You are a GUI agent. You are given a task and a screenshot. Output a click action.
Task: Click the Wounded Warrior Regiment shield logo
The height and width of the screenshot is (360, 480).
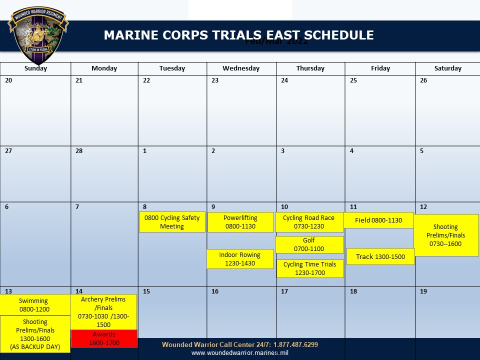[x=38, y=36]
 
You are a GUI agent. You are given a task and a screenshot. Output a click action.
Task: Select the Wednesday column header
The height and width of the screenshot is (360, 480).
[x=241, y=68]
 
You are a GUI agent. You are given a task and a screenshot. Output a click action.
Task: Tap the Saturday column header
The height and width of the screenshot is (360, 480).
[x=447, y=68]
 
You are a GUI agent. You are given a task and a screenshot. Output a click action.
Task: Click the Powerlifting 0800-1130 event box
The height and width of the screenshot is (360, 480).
[x=240, y=222]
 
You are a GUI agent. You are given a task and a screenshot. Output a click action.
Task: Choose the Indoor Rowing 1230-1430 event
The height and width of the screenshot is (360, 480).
[x=240, y=259]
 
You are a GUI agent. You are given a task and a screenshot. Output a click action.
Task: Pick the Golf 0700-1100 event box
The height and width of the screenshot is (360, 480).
[x=309, y=244]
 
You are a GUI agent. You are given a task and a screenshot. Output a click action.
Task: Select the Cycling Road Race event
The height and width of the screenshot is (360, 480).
[x=309, y=222]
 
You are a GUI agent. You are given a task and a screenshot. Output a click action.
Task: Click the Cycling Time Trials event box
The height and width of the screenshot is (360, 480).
[x=310, y=268]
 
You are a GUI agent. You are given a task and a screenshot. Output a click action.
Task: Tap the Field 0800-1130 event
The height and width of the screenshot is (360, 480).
[x=378, y=220]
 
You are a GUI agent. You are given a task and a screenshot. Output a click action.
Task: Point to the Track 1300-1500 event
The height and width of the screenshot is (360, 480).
[x=380, y=256]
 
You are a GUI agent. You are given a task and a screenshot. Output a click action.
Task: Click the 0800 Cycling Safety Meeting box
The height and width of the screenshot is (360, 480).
[x=172, y=222]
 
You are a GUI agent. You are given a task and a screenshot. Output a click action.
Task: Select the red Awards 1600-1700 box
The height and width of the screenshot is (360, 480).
[x=104, y=338]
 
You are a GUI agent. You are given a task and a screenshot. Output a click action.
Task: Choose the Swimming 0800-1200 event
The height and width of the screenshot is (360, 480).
[x=34, y=305]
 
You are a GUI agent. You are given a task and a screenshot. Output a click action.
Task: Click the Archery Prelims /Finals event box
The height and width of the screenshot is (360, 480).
[x=103, y=311]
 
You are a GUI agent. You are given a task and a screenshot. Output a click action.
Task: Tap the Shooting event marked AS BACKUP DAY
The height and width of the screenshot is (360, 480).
[x=35, y=334]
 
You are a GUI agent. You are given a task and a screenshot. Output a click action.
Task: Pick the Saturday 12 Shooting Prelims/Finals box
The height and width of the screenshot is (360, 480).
[x=446, y=235]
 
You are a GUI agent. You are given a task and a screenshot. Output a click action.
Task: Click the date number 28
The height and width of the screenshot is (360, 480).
[x=79, y=151]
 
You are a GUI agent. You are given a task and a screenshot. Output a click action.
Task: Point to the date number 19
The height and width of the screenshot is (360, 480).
[x=423, y=291]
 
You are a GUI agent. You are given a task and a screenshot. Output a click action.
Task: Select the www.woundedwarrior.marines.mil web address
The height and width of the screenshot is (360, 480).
[x=240, y=353]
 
